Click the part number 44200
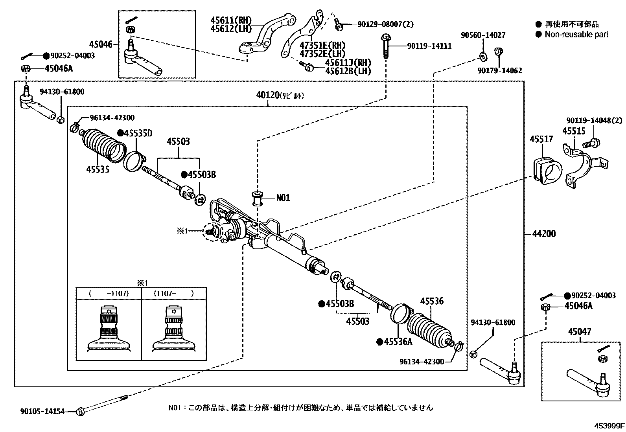coord(544,234)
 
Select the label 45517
coord(541,139)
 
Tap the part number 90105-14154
coord(42,412)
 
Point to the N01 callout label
coord(283,197)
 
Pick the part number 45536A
coord(398,342)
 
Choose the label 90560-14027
coord(483,35)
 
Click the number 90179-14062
coord(499,71)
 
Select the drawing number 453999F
coord(609,426)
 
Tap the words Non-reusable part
coord(576,35)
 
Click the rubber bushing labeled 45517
coord(548,171)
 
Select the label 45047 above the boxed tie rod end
coord(579,332)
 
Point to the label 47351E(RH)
coord(322,45)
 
